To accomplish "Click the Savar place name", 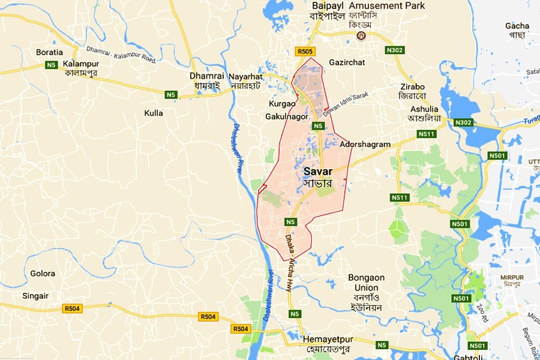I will [x=318, y=172].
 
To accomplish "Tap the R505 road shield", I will [x=305, y=52].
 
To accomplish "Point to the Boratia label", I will [x=49, y=52].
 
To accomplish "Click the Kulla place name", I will [x=154, y=113].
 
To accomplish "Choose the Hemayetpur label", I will [x=332, y=338].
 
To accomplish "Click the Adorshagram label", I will [x=365, y=145].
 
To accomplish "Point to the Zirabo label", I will [x=412, y=86].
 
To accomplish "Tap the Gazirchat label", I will [x=364, y=62].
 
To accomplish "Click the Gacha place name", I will [x=517, y=26].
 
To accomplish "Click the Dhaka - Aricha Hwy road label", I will [x=292, y=261].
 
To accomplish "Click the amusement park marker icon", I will [x=362, y=36].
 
